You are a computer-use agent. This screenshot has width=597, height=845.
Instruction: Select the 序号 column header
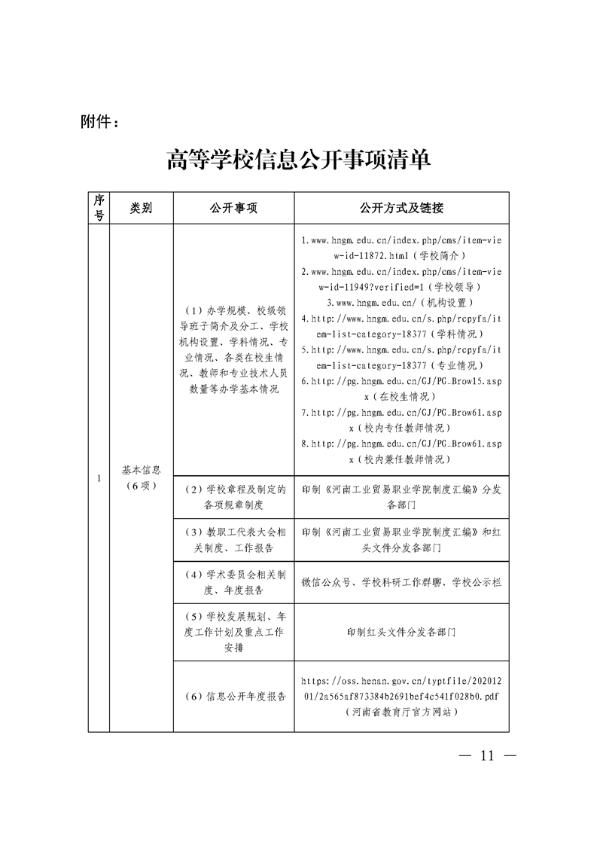99,208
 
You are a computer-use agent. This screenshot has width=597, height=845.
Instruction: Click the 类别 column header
141,208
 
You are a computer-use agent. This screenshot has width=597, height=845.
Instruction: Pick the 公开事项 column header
233,208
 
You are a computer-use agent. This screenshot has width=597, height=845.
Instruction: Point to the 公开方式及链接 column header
401,208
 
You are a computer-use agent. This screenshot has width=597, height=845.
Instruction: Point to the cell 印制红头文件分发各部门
401,632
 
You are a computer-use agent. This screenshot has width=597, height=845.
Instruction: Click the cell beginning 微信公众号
401,582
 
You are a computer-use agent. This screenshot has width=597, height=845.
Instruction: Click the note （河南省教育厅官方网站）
401,712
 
